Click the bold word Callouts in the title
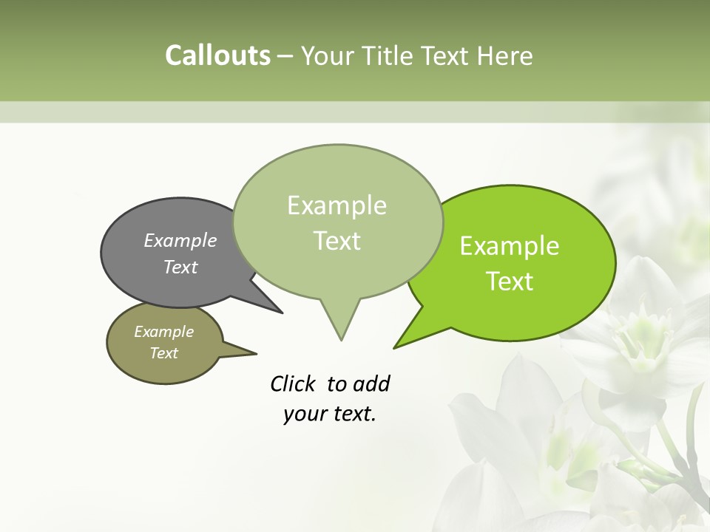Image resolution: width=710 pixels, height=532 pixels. coord(217,55)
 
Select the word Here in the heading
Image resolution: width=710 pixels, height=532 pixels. coord(505,55)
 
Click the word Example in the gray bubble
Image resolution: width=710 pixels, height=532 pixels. coord(180,240)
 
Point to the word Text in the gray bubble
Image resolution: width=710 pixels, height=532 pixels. coord(180,267)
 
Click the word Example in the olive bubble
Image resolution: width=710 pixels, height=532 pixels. coord(163,332)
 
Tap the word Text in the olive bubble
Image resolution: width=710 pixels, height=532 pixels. coord(163,353)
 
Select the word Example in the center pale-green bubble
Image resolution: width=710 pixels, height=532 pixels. coord(337,205)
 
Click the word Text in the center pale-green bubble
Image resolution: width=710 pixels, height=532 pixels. coord(337,241)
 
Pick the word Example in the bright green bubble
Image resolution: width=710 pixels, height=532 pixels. coord(510,246)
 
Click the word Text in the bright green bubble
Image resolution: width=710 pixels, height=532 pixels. coord(510,282)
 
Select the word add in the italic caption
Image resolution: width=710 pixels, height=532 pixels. coord(372,383)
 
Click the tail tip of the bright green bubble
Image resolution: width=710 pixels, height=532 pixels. coord(395,347)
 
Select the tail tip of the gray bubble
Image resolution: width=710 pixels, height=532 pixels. coord(281,313)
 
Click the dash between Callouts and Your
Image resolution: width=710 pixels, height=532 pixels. coord(285,56)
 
